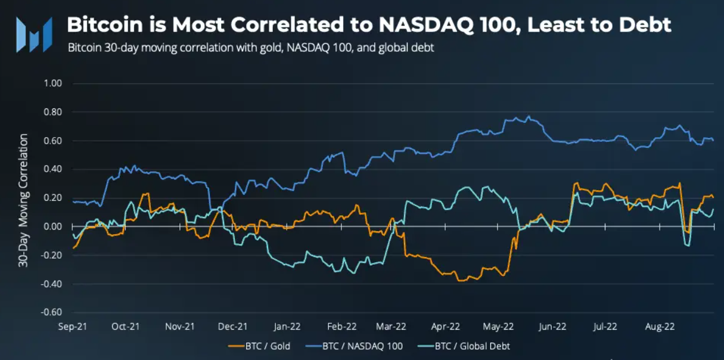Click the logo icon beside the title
[33, 34]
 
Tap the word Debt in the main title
[645, 25]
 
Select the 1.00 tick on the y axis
[53, 83]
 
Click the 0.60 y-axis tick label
[53, 141]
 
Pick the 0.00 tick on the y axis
[53, 226]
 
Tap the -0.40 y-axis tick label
[52, 284]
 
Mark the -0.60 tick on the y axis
[52, 312]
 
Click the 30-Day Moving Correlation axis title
[23, 200]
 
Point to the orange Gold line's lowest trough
[459, 281]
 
